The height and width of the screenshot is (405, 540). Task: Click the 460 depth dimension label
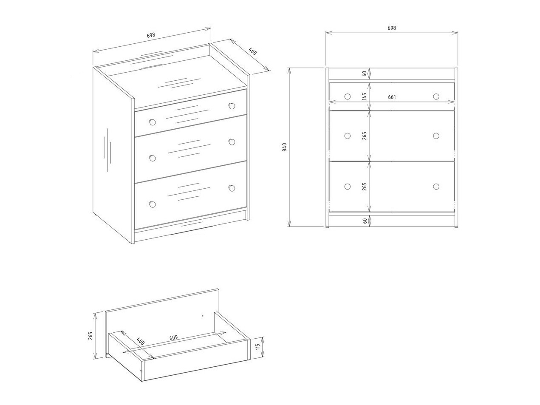(253, 52)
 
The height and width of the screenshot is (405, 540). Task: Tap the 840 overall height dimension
(285, 147)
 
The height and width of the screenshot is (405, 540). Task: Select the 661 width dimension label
(392, 97)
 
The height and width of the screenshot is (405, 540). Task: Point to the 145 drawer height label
(365, 96)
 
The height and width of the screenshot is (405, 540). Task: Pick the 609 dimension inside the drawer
(173, 337)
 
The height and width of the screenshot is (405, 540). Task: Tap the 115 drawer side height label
(257, 347)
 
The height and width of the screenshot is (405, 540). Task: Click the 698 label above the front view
(392, 28)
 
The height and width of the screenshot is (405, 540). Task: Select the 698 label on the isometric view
(151, 35)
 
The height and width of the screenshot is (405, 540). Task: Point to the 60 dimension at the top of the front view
(365, 74)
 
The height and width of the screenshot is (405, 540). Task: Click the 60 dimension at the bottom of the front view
(365, 221)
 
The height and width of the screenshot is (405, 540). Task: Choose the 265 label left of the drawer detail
(90, 336)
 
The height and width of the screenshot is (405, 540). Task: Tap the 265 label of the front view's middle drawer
(365, 136)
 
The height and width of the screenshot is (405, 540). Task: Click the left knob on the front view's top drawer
(348, 96)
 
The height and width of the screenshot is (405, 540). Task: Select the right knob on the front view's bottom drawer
(436, 187)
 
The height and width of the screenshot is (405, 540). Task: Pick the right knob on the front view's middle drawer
(436, 136)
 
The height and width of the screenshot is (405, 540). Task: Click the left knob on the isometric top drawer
(153, 122)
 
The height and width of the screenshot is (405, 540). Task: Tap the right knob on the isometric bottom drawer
(232, 188)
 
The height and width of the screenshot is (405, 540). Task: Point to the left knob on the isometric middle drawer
(153, 158)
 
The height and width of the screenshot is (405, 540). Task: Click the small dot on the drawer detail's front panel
(203, 315)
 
